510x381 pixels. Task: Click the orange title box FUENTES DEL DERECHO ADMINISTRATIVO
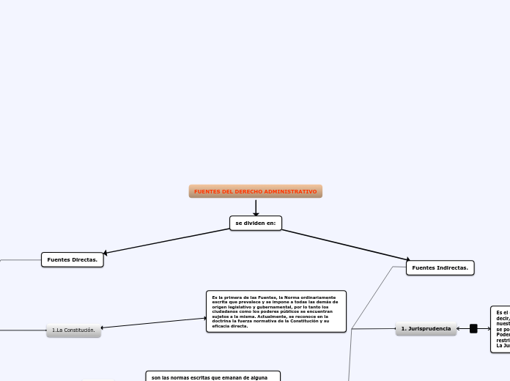(x=255, y=191)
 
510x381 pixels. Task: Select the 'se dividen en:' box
(x=256, y=223)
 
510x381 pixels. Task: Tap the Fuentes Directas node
(x=73, y=259)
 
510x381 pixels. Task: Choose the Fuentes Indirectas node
(x=440, y=268)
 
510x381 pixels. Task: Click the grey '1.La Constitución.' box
(x=73, y=330)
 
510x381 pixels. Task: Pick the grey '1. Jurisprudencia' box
(x=426, y=329)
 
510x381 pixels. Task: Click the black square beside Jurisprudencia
(x=473, y=329)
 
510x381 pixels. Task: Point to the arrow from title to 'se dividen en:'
(x=256, y=207)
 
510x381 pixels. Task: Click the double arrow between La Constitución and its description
(x=154, y=323)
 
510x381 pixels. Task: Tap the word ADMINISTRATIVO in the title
(x=293, y=191)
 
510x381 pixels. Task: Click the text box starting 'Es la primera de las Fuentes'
(x=276, y=311)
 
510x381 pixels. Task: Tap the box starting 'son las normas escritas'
(x=212, y=376)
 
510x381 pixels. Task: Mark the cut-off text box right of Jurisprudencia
(x=500, y=329)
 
